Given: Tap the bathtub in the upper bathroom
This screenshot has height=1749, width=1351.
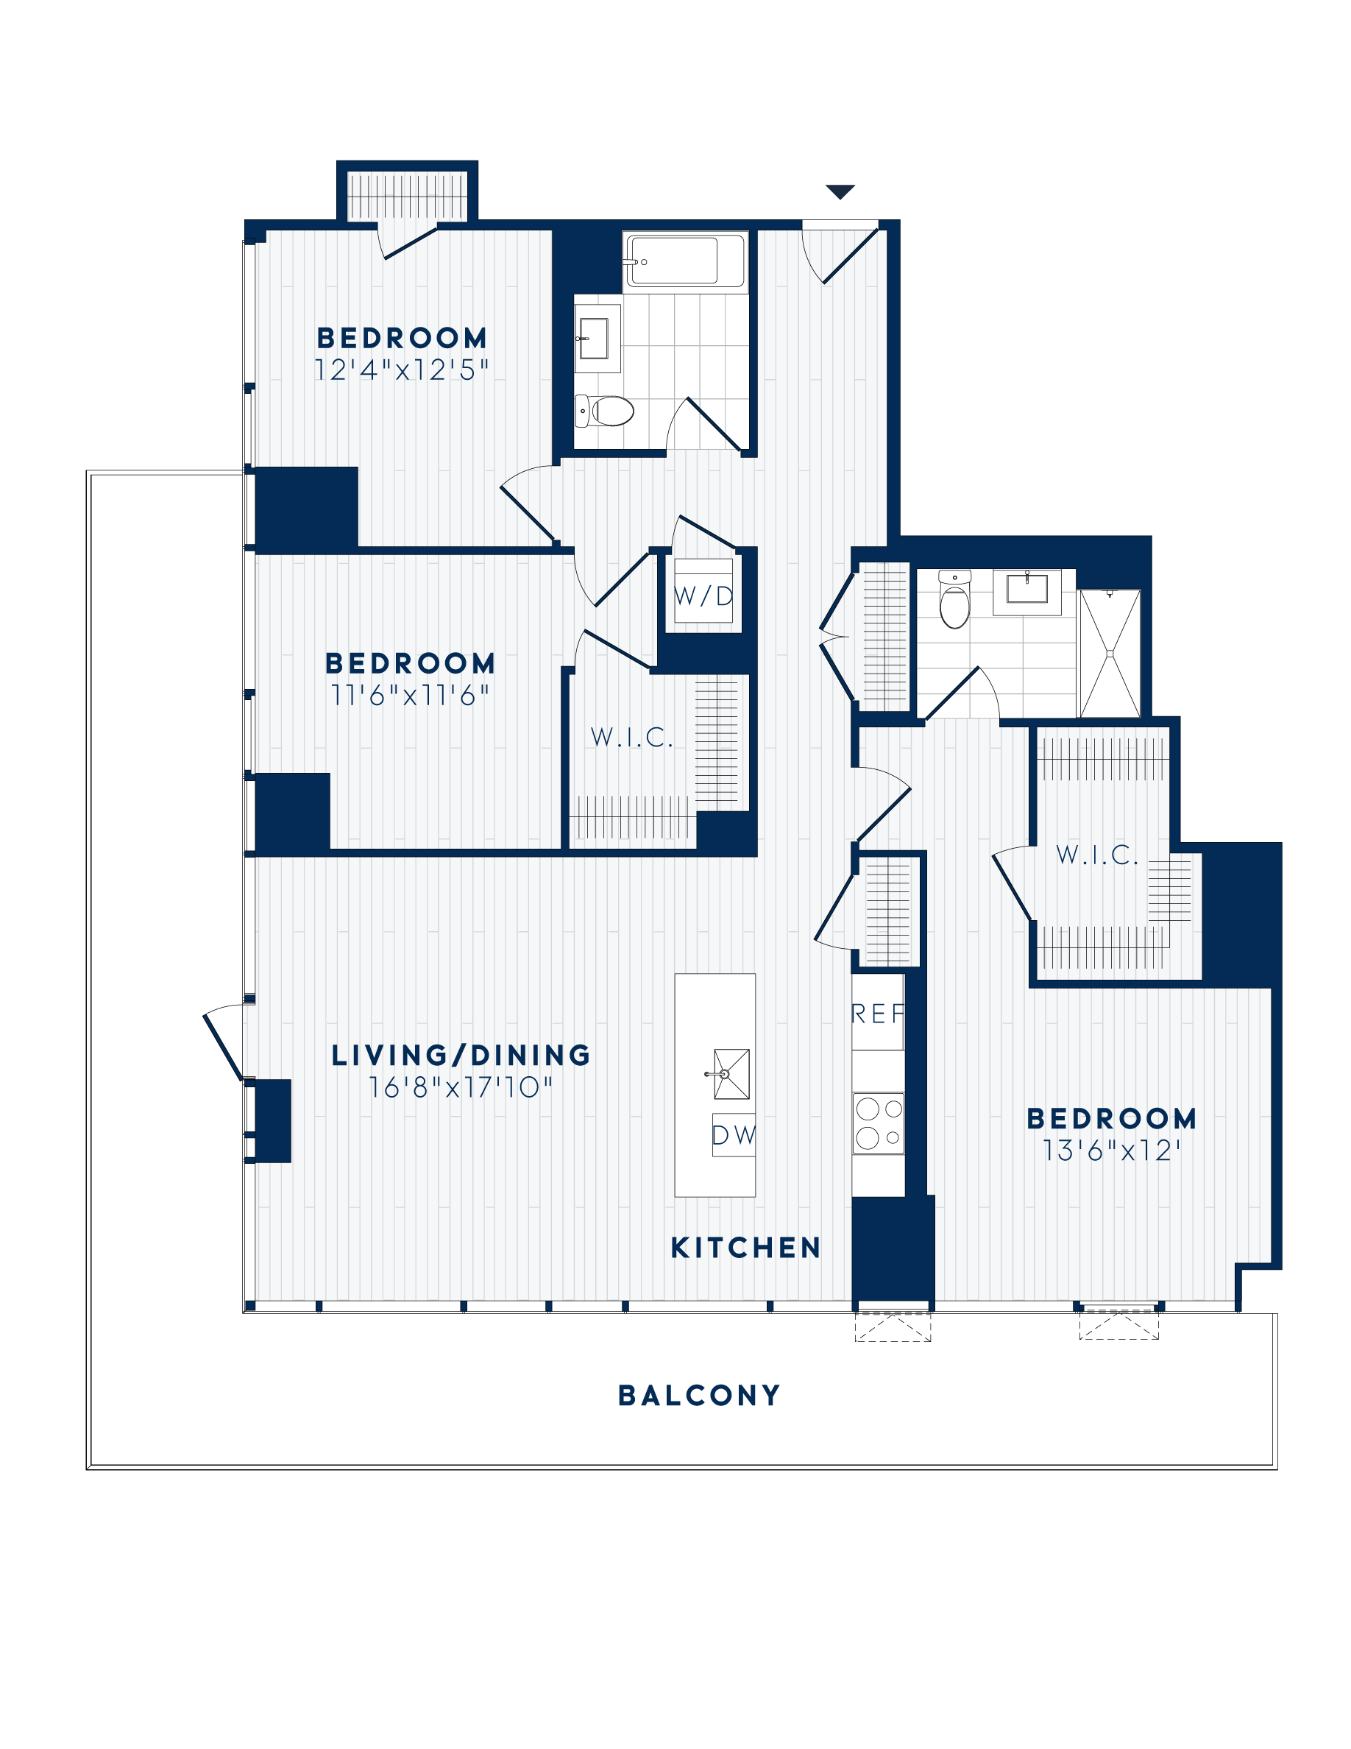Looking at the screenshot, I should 685,261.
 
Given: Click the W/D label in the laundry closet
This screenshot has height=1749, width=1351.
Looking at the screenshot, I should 703,596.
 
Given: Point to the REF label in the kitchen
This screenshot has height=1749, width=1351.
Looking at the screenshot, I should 877,1014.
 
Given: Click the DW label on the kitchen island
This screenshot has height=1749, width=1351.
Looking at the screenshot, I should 733,1135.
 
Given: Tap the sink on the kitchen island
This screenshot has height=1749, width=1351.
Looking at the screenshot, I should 730,1074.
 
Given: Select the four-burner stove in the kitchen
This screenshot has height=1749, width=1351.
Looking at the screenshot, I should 878,1123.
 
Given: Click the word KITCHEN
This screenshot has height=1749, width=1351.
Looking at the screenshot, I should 745,1248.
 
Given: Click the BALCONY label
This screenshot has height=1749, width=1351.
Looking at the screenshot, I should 699,1395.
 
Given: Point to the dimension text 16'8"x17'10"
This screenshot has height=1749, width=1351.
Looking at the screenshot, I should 460,1087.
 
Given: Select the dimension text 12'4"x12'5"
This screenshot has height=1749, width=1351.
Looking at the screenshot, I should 401,370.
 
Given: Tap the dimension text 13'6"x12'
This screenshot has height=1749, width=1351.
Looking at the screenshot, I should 1111,1151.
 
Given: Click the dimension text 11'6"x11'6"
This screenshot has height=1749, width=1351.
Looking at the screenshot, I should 410,695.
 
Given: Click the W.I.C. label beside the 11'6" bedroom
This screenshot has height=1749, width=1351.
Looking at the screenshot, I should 631,738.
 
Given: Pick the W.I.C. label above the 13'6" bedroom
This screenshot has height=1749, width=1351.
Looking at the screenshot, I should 1096,855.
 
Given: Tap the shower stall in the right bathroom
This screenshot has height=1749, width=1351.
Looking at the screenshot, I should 1110,654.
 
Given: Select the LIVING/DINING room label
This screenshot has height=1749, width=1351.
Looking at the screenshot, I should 461,1056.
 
